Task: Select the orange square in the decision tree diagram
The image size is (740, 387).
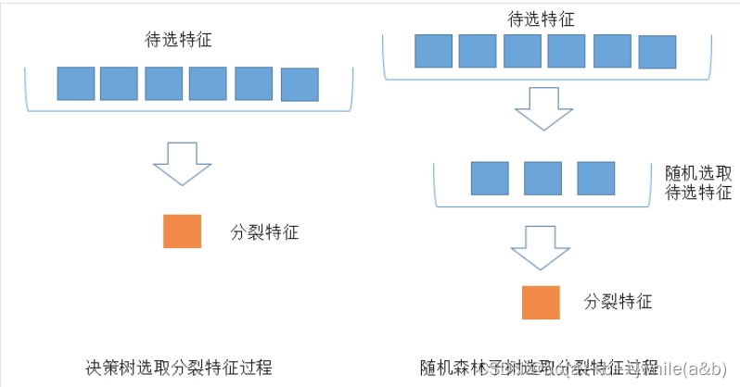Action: click(x=182, y=231)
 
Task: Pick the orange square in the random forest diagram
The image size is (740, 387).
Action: click(x=540, y=303)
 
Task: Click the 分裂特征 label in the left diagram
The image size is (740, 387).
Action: click(x=264, y=231)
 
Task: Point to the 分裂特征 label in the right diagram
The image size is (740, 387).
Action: click(x=619, y=302)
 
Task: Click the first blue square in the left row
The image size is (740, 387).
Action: click(x=75, y=83)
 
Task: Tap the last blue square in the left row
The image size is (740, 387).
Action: click(x=299, y=84)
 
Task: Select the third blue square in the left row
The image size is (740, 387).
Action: click(x=163, y=83)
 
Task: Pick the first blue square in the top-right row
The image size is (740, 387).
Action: click(x=433, y=51)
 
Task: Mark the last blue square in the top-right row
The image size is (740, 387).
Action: click(x=657, y=52)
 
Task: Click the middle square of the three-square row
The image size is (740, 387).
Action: click(x=542, y=179)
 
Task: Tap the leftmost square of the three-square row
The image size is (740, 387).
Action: click(x=490, y=179)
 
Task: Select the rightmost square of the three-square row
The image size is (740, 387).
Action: click(x=595, y=179)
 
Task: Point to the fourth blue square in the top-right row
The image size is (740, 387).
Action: click(x=567, y=51)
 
